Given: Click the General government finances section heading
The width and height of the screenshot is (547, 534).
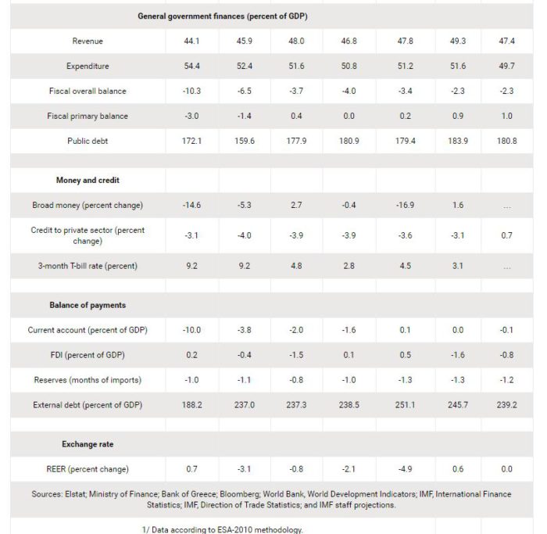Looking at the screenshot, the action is pyautogui.click(x=223, y=16).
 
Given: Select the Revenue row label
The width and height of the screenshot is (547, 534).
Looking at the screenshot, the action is pyautogui.click(x=88, y=41).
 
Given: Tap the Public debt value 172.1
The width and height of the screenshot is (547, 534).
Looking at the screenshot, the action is pyautogui.click(x=191, y=141).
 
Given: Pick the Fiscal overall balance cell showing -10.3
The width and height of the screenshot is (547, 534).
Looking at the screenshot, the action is pyautogui.click(x=191, y=91).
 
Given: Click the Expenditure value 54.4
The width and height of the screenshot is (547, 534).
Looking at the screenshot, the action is pyautogui.click(x=191, y=66).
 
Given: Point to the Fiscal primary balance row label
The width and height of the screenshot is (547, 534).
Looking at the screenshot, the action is pyautogui.click(x=88, y=116).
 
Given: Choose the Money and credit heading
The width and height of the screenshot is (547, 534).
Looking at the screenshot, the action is pyautogui.click(x=88, y=180).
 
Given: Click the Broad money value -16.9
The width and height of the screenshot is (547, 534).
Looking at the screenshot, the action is pyautogui.click(x=405, y=205).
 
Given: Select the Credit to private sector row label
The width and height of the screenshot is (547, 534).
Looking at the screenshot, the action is pyautogui.click(x=88, y=235).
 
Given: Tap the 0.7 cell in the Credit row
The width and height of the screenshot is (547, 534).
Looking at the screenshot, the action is pyautogui.click(x=506, y=235).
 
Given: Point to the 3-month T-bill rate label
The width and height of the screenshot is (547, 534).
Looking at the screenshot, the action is pyautogui.click(x=88, y=266).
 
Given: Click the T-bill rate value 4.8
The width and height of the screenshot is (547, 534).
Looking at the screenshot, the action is pyautogui.click(x=296, y=266).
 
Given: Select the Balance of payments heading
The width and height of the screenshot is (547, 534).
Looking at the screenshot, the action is pyautogui.click(x=88, y=305).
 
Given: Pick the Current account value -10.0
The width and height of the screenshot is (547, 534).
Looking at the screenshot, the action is pyautogui.click(x=191, y=330).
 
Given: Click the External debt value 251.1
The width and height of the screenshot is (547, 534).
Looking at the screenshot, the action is pyautogui.click(x=405, y=405).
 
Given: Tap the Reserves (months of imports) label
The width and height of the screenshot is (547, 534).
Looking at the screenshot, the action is pyautogui.click(x=88, y=380).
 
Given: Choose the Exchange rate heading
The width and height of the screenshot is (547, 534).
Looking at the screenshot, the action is pyautogui.click(x=88, y=444).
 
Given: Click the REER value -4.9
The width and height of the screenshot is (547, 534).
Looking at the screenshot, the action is pyautogui.click(x=405, y=469).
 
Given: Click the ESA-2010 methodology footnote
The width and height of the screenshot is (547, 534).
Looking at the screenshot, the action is pyautogui.click(x=222, y=530).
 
